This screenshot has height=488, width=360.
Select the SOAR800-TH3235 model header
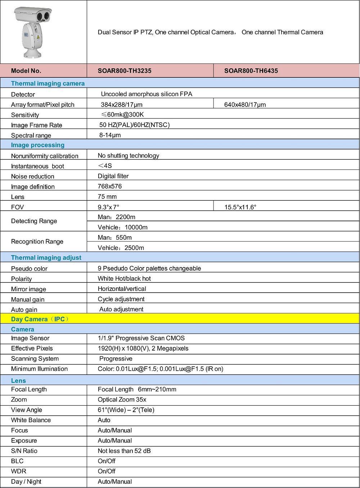(x=125, y=71)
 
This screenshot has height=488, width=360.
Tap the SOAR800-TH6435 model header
(x=251, y=71)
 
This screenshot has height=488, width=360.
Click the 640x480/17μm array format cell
(x=245, y=105)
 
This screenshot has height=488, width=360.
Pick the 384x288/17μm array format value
(x=122, y=105)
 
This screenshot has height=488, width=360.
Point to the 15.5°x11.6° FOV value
(x=240, y=207)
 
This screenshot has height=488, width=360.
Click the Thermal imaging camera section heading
(x=48, y=83)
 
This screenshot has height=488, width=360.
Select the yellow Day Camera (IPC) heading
(x=40, y=319)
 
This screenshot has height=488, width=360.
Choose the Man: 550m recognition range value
(x=115, y=238)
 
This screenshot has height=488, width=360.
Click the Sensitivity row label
(x=25, y=115)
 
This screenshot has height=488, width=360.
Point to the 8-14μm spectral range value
(x=110, y=135)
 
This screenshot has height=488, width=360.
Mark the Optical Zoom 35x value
(x=122, y=400)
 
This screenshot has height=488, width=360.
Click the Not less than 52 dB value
(x=124, y=451)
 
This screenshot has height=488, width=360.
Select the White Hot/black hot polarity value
(x=124, y=279)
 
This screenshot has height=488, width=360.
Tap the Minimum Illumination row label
(x=39, y=369)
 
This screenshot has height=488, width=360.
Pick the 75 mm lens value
(x=107, y=197)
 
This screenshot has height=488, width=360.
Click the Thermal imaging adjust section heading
(x=46, y=258)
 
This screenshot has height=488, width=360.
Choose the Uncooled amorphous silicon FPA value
(x=147, y=94)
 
